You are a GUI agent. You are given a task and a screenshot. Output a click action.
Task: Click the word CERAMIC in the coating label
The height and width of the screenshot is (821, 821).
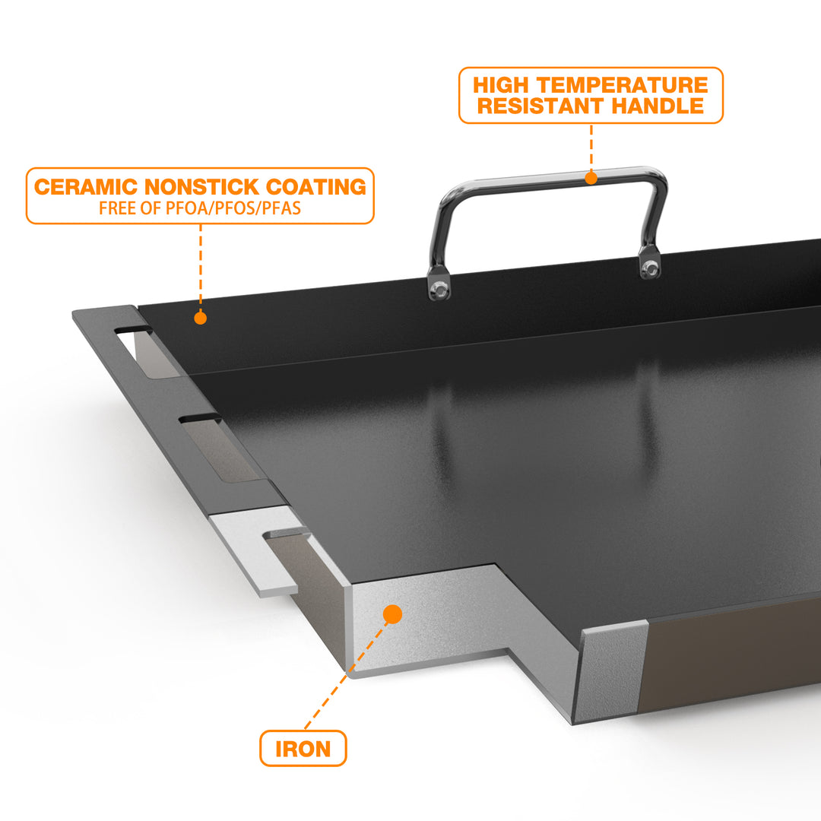click(86, 187)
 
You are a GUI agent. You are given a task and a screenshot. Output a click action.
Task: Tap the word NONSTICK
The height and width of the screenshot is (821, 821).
click(201, 187)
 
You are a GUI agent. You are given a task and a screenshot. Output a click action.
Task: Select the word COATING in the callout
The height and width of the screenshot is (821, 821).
click(316, 187)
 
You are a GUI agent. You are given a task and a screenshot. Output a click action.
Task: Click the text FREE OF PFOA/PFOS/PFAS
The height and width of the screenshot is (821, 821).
click(200, 208)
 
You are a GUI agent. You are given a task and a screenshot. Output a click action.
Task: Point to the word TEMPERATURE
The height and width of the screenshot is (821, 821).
click(623, 85)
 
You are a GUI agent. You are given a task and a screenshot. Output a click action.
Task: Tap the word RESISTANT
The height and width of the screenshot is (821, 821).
click(541, 106)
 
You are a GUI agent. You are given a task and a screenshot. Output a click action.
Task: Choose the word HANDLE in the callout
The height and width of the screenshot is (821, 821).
click(658, 106)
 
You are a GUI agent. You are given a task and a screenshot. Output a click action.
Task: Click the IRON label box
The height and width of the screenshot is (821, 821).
click(303, 748)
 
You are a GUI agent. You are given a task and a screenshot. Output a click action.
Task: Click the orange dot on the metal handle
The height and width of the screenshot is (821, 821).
click(591, 178)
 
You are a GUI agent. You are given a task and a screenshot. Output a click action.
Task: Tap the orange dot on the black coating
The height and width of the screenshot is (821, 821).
click(200, 318)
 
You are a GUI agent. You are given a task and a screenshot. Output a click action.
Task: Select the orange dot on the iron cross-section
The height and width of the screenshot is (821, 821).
click(392, 614)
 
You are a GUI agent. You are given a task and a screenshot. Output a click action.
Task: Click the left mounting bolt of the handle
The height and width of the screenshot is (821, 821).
click(439, 288)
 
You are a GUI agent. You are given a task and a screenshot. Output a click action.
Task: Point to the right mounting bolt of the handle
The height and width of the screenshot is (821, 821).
click(650, 268)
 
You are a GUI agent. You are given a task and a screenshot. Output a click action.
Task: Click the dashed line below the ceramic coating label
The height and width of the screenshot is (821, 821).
click(201, 268)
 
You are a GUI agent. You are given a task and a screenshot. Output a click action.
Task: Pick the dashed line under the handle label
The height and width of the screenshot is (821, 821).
click(591, 147)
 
